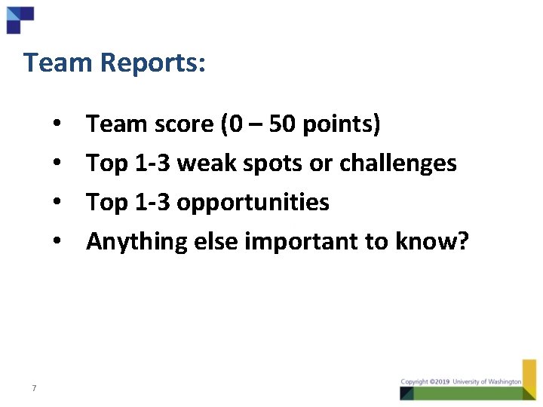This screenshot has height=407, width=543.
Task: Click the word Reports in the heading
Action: [154, 63]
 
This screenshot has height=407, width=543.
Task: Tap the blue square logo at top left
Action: [19, 19]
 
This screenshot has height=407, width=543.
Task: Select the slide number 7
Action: [34, 388]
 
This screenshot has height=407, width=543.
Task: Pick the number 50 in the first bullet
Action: [282, 124]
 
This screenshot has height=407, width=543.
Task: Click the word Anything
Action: [136, 241]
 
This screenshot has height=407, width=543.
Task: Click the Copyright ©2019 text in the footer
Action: [425, 382]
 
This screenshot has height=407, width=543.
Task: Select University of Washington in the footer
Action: [486, 382]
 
